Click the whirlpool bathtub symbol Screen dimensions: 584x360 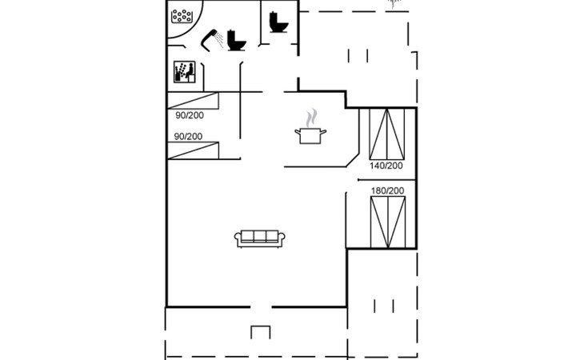click(x=182, y=16)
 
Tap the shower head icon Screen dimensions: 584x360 click(x=211, y=38)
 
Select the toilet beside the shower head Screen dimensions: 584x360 click(x=237, y=40)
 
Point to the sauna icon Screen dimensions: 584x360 click(x=184, y=72)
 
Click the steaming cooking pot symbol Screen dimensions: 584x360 click(x=310, y=135)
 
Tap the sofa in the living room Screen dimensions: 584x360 click(x=259, y=238)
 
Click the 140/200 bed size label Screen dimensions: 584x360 click(x=386, y=166)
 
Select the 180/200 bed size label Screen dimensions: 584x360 click(x=387, y=190)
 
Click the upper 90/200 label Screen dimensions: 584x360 click(x=190, y=115)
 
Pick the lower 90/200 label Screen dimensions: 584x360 click(x=189, y=137)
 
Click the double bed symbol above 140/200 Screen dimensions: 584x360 click(x=386, y=134)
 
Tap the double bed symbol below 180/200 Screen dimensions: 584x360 click(x=388, y=222)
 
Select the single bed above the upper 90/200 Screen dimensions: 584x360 click(x=193, y=101)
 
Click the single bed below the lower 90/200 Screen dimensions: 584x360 click(x=193, y=150)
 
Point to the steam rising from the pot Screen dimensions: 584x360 click(x=311, y=118)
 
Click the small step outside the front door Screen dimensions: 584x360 click(x=261, y=332)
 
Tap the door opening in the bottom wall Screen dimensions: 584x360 click(x=261, y=307)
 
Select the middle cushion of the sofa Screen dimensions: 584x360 click(x=259, y=236)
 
